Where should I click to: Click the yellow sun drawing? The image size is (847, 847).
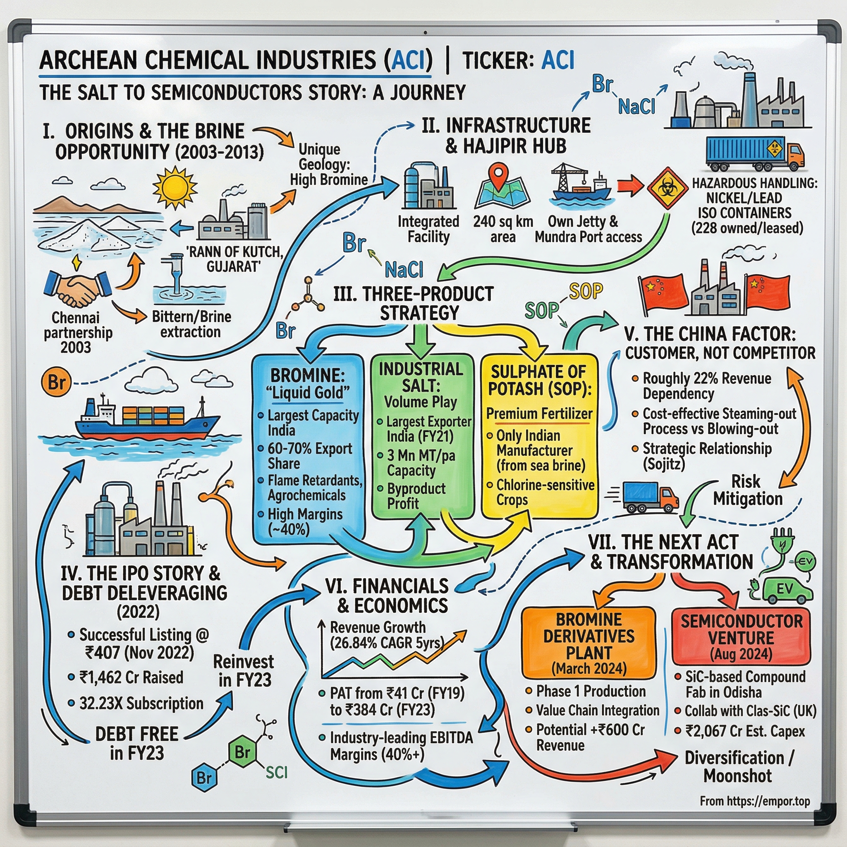point(175,188)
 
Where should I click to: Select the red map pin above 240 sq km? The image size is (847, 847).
point(498,175)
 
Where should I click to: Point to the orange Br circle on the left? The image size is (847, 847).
point(56,382)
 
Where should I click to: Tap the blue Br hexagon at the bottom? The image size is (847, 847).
point(204,778)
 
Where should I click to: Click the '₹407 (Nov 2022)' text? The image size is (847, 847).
point(139,653)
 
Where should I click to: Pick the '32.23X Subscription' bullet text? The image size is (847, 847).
point(141,703)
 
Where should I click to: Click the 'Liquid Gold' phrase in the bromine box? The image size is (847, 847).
point(308,393)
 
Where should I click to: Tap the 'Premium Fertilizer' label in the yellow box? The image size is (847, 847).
point(539,414)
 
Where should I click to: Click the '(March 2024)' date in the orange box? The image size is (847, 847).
point(589,669)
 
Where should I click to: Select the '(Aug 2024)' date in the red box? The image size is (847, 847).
point(741,655)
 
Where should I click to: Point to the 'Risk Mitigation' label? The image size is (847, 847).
point(747,490)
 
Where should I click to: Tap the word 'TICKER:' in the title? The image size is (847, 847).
point(496,60)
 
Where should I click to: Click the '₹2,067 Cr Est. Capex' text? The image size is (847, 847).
point(745,731)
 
